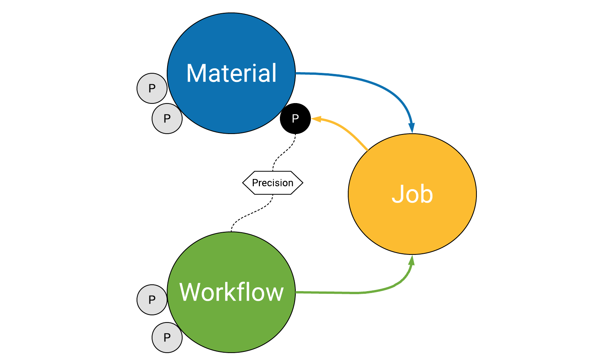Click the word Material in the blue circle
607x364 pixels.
231,73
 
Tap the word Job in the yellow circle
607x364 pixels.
412,194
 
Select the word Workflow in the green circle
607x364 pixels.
231,292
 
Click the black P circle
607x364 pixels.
295,119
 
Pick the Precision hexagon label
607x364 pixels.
272,183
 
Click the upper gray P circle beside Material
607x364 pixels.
152,88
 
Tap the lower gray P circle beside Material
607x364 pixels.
167,119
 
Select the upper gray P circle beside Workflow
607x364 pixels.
152,300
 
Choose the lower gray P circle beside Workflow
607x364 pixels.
167,338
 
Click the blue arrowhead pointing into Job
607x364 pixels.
412,128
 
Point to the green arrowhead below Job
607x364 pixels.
412,260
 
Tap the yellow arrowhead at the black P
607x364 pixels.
316,119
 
